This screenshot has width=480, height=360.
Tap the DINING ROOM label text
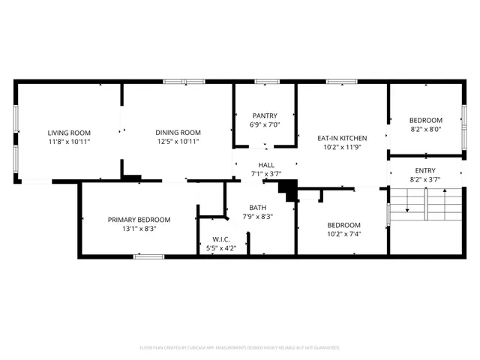[178, 132]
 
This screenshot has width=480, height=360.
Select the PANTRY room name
[264, 115]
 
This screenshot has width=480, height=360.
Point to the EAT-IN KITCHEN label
[342, 138]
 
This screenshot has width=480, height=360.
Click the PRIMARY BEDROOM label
[139, 220]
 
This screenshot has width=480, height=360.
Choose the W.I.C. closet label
[220, 239]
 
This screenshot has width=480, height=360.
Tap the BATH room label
[258, 208]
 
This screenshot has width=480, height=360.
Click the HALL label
[265, 165]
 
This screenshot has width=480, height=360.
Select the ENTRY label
[425, 170]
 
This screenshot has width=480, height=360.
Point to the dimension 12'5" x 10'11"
[178, 142]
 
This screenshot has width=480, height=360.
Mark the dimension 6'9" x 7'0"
[264, 125]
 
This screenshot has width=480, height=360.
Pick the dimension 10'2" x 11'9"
[342, 148]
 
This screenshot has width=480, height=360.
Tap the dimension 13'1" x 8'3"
[139, 229]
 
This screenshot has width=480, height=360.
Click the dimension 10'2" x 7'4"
[344, 235]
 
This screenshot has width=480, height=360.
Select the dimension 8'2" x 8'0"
[425, 130]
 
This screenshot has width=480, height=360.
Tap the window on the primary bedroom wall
[148, 256]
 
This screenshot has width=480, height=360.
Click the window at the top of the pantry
[266, 81]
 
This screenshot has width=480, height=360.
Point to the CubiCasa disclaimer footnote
[240, 348]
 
